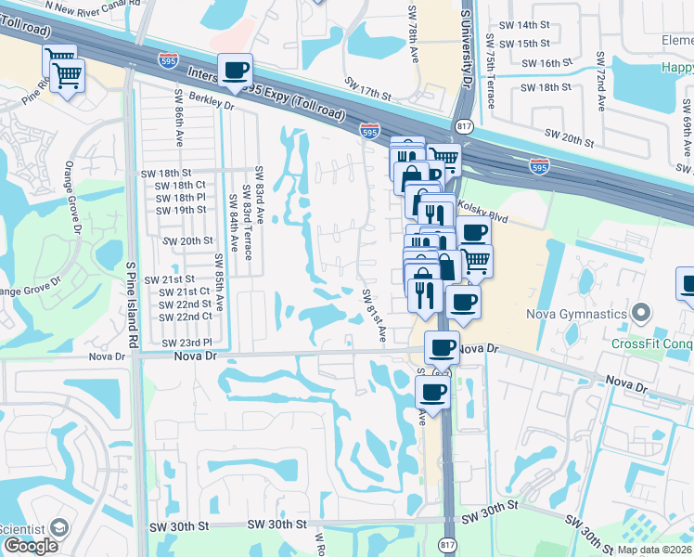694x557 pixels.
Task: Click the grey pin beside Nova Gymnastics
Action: click(x=639, y=313)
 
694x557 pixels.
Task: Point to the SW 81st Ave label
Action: click(x=374, y=314)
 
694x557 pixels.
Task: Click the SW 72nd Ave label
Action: click(x=601, y=70)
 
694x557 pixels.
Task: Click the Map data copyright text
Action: click(x=654, y=550)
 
